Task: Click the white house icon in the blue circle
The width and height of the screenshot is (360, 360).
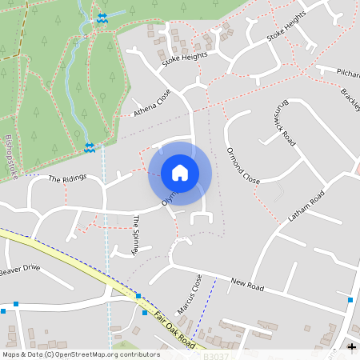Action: (x=180, y=173)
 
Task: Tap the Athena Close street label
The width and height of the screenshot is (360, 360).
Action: (x=153, y=103)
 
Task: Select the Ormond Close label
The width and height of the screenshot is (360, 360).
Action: (x=243, y=166)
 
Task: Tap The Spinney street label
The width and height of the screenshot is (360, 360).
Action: (x=137, y=234)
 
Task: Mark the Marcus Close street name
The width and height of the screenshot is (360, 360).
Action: (x=190, y=294)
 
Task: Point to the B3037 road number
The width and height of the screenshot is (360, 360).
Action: (x=216, y=355)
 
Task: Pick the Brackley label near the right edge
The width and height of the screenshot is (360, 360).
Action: (x=350, y=98)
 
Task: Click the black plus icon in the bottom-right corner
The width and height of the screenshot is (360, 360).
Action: (x=351, y=346)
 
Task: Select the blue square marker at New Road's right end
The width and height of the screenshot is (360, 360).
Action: (x=350, y=299)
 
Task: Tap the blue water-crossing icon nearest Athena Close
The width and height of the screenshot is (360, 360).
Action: (x=90, y=146)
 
